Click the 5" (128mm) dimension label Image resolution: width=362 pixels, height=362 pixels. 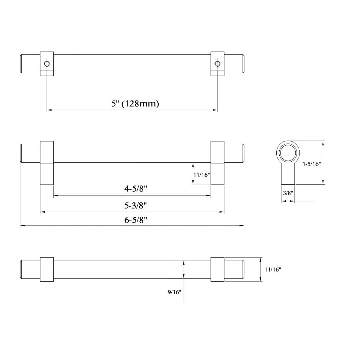point(135,104)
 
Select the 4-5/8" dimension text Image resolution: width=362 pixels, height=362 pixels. point(135,189)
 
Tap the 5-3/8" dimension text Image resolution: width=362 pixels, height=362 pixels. point(135,206)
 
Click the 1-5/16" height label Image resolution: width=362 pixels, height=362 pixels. point(311,164)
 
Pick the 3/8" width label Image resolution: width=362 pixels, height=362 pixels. point(288,193)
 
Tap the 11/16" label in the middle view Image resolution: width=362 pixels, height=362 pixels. point(201,174)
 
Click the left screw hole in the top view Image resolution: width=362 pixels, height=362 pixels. point(47,64)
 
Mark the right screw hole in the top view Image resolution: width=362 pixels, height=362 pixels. point(217,64)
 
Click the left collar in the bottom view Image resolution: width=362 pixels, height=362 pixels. point(47,269)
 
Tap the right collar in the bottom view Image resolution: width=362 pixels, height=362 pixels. point(217,269)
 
